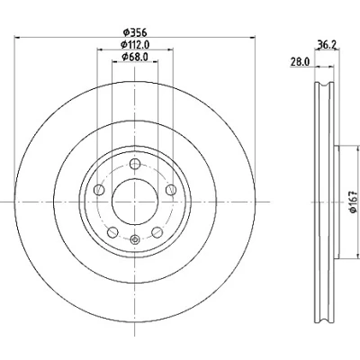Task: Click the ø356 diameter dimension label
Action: click(135, 31)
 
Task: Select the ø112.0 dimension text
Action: click(135, 44)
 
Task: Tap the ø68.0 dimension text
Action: click(135, 57)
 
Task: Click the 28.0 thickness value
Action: click(300, 62)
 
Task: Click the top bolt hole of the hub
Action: click(135, 164)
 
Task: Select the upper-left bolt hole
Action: click(99, 190)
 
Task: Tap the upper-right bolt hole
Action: click(171, 190)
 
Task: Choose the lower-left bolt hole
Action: click(112, 232)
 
